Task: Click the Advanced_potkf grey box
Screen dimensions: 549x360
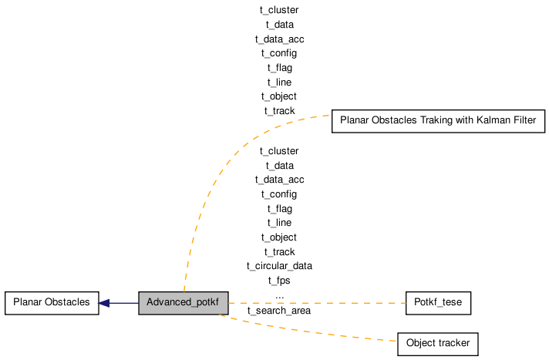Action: click(183, 303)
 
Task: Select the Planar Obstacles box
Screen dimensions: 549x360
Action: click(52, 303)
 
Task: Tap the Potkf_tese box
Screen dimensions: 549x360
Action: click(439, 303)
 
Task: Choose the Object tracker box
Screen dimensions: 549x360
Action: click(438, 344)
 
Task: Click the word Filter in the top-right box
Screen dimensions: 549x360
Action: click(524, 120)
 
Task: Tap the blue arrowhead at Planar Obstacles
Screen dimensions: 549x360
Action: click(104, 303)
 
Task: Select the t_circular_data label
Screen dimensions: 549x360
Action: click(279, 266)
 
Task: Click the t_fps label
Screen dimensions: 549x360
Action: click(279, 281)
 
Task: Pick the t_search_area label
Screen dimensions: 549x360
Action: click(279, 311)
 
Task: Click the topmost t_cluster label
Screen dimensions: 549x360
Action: click(279, 10)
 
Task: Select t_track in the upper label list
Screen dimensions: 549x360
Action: click(279, 111)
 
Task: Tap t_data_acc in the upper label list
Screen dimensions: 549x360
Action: click(279, 39)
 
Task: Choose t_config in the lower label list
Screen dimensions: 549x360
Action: click(279, 194)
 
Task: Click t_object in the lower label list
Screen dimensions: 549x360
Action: click(278, 237)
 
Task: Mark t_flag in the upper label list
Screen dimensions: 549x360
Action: click(280, 68)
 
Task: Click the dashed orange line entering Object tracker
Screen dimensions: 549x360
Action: click(308, 330)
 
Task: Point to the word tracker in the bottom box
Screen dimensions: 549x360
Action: click(453, 343)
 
